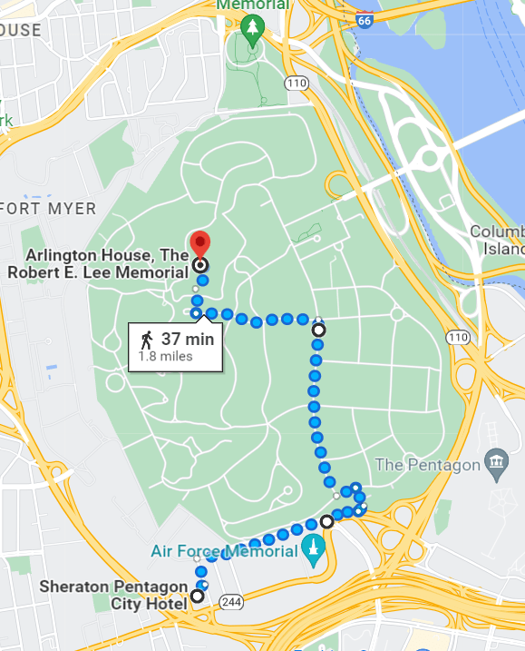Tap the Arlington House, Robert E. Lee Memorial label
pyautogui.click(x=107, y=261)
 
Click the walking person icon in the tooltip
pyautogui.click(x=147, y=340)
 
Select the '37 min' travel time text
pyautogui.click(x=188, y=340)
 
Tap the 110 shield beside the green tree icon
pyautogui.click(x=295, y=83)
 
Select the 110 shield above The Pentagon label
pyautogui.click(x=458, y=337)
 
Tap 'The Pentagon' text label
pyautogui.click(x=427, y=465)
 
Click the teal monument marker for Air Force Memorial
pyautogui.click(x=314, y=550)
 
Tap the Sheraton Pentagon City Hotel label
pyautogui.click(x=112, y=595)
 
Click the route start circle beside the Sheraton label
pyautogui.click(x=197, y=597)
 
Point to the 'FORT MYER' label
pyautogui.click(x=48, y=209)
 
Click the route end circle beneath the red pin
pyautogui.click(x=200, y=265)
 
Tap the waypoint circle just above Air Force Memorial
pyautogui.click(x=326, y=522)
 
